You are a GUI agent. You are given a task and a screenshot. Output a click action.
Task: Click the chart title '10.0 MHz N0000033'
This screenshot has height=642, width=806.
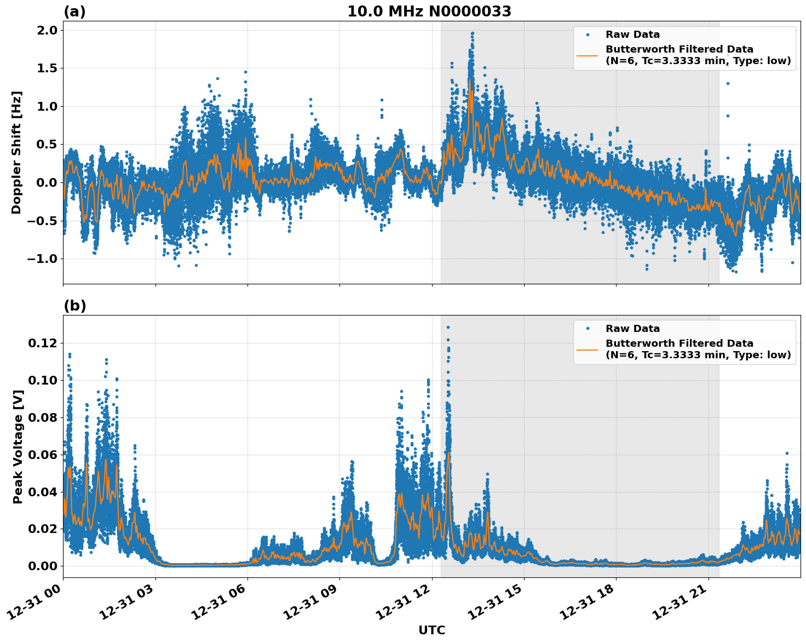tap(429, 12)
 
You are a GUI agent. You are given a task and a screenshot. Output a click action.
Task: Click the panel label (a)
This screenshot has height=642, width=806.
tap(74, 12)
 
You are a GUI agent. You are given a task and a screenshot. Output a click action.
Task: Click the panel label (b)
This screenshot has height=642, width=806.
tap(74, 306)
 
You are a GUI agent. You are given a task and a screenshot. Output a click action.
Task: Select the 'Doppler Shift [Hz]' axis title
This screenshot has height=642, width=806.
tap(16, 152)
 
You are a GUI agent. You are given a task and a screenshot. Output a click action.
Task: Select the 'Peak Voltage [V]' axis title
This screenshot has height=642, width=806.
tap(18, 446)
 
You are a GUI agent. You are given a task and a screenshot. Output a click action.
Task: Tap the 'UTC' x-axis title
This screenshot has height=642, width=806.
tap(431, 630)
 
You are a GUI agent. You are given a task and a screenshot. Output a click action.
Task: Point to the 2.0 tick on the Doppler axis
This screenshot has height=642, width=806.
tap(47, 30)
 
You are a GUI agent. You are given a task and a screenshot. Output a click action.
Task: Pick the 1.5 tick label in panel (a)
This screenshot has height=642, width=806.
tap(47, 68)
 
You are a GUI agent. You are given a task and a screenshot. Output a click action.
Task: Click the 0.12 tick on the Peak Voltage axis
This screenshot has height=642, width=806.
tap(43, 343)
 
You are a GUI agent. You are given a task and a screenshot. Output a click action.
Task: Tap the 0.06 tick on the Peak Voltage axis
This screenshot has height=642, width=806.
tap(43, 455)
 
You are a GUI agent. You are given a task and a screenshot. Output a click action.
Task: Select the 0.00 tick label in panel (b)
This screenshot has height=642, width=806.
tap(43, 566)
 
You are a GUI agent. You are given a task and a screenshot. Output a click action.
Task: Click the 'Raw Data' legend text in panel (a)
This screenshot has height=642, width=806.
tap(632, 35)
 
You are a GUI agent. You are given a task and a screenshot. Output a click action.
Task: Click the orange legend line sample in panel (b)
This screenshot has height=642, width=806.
tap(588, 349)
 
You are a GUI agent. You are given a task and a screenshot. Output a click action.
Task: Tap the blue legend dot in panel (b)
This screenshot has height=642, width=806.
tap(588, 329)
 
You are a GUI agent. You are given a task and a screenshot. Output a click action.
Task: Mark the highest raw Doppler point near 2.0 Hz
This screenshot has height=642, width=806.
tap(472, 33)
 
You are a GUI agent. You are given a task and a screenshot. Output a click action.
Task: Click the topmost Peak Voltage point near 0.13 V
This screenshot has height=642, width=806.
tap(448, 327)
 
